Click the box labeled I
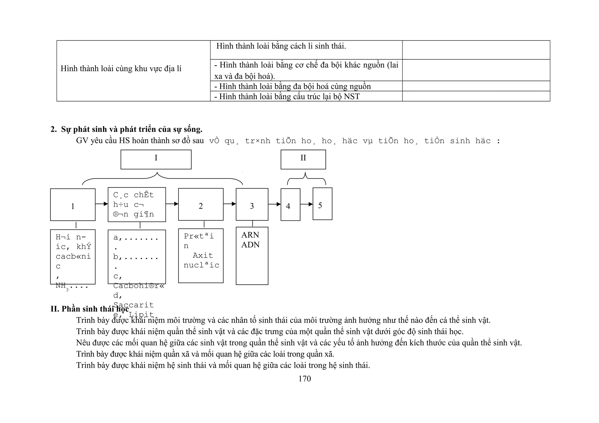click(x=156, y=159)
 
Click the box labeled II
click(x=303, y=159)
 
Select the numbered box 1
click(x=73, y=205)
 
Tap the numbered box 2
click(x=201, y=204)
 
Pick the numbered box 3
click(x=252, y=204)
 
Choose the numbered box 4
click(x=290, y=204)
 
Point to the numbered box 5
click(x=322, y=204)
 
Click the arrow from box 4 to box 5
click(x=307, y=204)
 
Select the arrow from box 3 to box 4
click(x=274, y=204)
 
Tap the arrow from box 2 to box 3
click(x=230, y=204)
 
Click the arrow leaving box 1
click(x=101, y=204)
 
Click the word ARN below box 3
click(x=250, y=235)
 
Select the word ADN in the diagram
click(x=250, y=245)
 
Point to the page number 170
click(x=304, y=379)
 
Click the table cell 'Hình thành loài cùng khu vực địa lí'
click(x=121, y=69)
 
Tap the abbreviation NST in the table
click(x=352, y=96)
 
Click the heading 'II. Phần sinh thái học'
click(x=89, y=309)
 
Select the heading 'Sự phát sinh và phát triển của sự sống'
click(x=132, y=129)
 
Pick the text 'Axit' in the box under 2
click(x=203, y=255)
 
